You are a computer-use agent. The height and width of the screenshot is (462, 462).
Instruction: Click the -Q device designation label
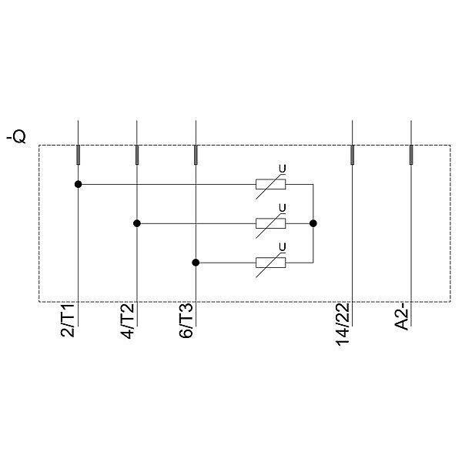pos(16,137)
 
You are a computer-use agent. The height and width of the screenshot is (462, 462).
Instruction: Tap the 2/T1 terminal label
pos(68,320)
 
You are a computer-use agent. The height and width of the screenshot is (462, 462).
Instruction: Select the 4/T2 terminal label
pos(127,321)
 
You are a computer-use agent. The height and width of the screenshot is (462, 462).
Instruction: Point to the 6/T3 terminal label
pos(186,320)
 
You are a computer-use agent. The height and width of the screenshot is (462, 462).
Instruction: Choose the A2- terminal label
pos(402,318)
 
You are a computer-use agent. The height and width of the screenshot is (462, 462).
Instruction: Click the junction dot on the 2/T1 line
pos(78,185)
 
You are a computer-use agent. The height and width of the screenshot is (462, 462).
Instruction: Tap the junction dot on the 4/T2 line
pos(137,223)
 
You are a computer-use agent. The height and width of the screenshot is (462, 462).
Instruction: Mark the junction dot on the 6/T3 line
pos(196,263)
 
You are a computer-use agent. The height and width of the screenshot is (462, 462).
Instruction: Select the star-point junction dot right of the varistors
pos(313,223)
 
